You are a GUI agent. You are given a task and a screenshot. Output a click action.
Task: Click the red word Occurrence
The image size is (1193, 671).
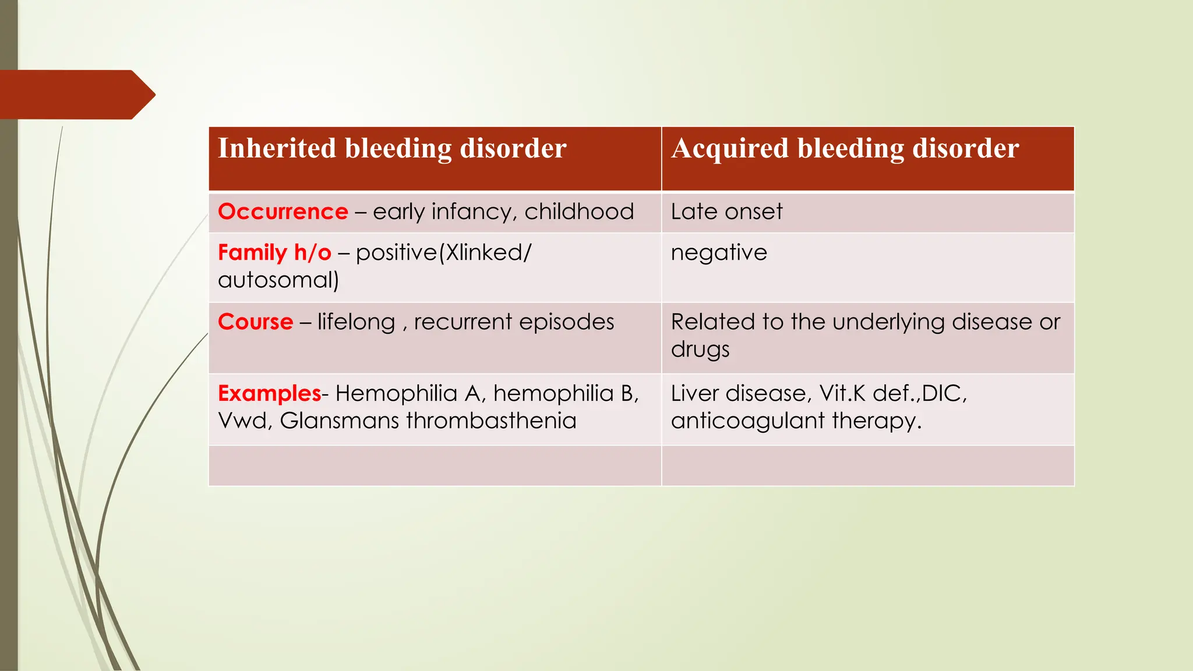(x=283, y=211)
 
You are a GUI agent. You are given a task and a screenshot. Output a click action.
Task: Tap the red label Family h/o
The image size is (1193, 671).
(x=274, y=253)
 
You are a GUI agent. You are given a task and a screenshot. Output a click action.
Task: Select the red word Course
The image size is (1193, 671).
(x=255, y=322)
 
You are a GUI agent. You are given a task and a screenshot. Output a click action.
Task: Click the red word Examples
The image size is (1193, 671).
(x=269, y=394)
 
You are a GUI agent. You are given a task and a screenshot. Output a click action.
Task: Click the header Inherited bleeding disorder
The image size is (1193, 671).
(x=392, y=149)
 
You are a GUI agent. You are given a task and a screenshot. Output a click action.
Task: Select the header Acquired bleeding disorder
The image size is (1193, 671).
(x=845, y=149)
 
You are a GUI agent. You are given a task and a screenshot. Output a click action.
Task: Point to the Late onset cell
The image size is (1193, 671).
(x=726, y=211)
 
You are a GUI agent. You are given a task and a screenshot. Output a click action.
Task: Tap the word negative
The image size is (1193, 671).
(x=719, y=253)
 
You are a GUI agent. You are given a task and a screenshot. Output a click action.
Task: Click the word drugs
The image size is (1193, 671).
(x=700, y=349)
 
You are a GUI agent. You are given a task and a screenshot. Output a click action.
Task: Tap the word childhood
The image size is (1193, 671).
(x=579, y=211)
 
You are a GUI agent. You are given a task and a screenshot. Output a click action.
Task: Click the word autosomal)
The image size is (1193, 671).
(x=278, y=280)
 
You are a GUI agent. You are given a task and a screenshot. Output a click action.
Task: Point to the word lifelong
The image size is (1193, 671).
(x=356, y=322)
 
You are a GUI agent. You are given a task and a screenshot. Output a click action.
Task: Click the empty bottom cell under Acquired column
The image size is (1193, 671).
(x=868, y=465)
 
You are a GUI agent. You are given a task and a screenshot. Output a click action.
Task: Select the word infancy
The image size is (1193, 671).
(x=474, y=211)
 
